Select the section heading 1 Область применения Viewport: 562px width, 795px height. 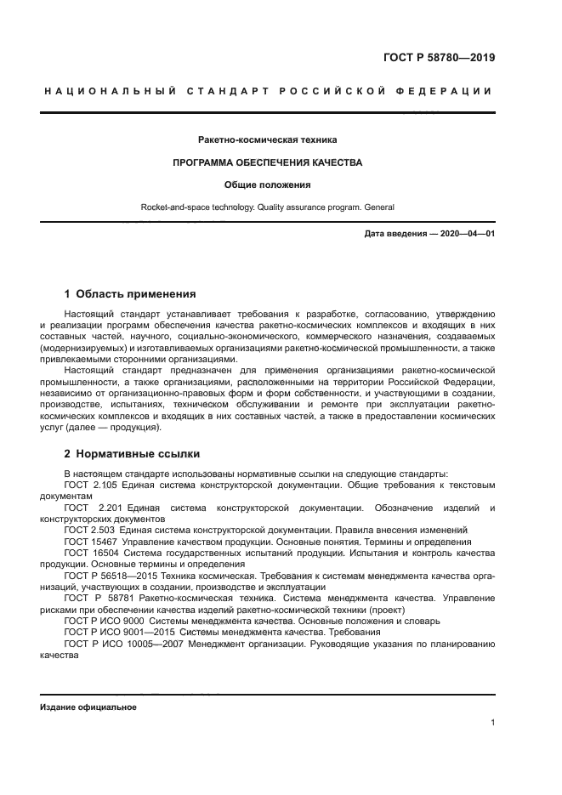tap(129, 295)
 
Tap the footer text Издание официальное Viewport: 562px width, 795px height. tap(88, 707)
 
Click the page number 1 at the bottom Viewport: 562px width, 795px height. tap(492, 724)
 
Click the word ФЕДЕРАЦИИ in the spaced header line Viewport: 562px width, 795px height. tap(454, 91)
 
